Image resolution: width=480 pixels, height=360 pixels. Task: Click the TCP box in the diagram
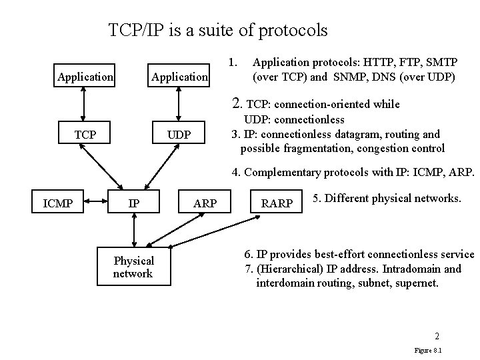pyautogui.click(x=85, y=135)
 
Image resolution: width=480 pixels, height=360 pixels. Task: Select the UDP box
pyautogui.click(x=179, y=135)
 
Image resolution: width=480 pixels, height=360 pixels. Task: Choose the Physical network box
pyautogui.click(x=133, y=267)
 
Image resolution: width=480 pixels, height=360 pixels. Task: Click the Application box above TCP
pyautogui.click(x=85, y=77)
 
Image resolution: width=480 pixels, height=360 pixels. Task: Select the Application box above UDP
pyautogui.click(x=179, y=77)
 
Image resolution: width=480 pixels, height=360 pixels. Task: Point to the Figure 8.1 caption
pyautogui.click(x=429, y=349)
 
